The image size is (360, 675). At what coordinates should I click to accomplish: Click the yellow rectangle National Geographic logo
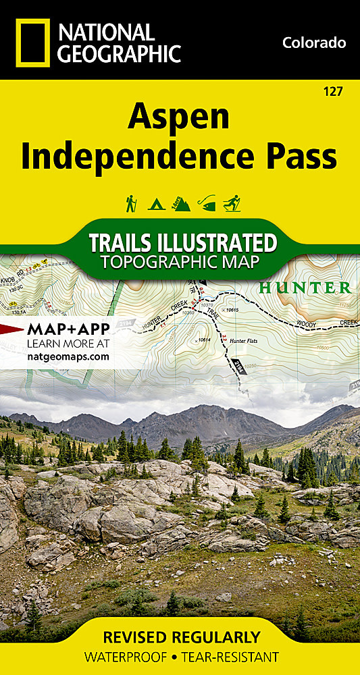31,42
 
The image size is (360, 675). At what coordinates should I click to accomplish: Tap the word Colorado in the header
313,43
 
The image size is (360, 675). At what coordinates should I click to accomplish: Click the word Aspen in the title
179,117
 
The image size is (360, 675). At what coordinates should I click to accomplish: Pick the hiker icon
131,202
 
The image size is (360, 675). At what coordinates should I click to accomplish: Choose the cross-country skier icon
231,202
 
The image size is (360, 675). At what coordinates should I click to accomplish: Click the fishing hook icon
206,202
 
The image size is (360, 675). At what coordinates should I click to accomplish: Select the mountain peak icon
180,202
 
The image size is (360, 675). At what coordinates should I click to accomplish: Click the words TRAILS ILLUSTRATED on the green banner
183,242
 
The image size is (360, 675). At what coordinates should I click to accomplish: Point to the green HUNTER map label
305,288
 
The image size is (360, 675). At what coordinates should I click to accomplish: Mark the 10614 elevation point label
203,340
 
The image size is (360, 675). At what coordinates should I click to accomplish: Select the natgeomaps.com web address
68,356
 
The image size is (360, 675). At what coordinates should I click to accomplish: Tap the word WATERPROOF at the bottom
120,657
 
